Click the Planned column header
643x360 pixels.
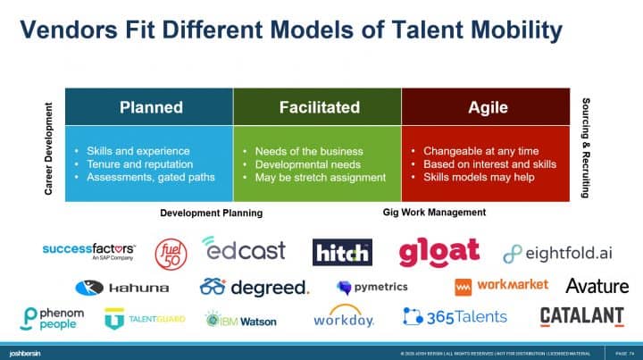(151, 107)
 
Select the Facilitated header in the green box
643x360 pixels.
(319, 107)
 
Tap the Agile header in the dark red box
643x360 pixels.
(488, 107)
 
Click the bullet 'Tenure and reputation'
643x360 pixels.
(135, 164)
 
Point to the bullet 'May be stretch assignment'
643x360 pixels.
(320, 177)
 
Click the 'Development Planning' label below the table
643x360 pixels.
(211, 213)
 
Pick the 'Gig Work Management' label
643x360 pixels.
(429, 213)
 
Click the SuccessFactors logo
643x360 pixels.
(88, 250)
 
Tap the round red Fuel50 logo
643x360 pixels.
(171, 253)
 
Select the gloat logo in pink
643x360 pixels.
(438, 252)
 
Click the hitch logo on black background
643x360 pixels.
(342, 253)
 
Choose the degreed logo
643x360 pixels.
(255, 287)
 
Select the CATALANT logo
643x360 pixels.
(582, 316)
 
